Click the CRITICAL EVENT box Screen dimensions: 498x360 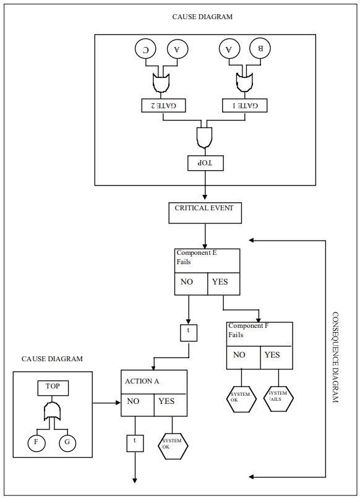point(205,212)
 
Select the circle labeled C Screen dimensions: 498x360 point(146,50)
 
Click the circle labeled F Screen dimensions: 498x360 point(36,443)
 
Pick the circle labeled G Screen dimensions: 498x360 point(68,443)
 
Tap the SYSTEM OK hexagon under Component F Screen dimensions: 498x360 point(241,398)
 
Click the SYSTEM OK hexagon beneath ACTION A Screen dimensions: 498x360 point(173,445)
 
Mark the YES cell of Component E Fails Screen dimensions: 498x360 point(223,283)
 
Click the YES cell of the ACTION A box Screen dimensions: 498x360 point(170,401)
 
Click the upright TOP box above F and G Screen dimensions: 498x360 point(53,387)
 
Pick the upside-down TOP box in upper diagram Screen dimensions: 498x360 point(205,163)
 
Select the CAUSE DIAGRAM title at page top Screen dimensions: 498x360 point(202,17)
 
